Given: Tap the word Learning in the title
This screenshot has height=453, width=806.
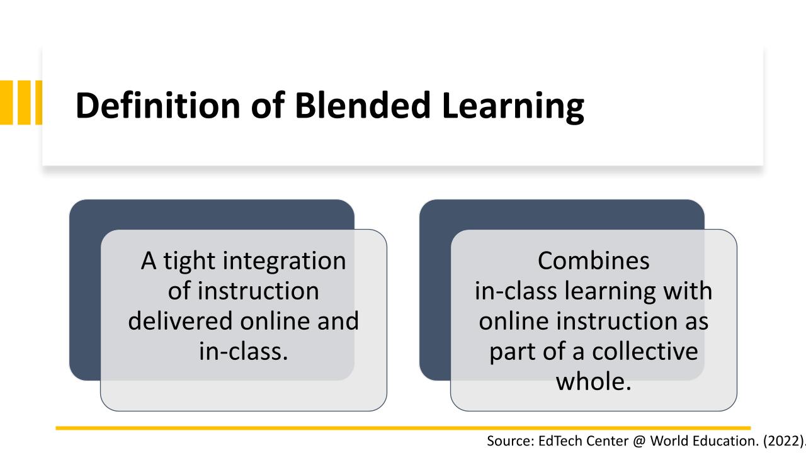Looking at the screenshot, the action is pos(513,107).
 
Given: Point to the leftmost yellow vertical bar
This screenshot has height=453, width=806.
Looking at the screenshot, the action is pos(6,103).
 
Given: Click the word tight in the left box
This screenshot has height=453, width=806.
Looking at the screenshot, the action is pos(190,260).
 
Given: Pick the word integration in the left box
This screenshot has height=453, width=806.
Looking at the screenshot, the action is pos(284,260).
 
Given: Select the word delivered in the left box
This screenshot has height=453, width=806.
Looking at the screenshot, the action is pos(180,321).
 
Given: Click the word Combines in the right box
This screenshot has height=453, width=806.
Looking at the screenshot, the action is pos(594,260).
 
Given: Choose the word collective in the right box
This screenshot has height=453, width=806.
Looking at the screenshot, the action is pos(645,351).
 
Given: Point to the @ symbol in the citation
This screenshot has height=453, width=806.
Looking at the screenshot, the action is pos(639,441).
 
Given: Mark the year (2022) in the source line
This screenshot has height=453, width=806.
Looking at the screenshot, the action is pos(783,441).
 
